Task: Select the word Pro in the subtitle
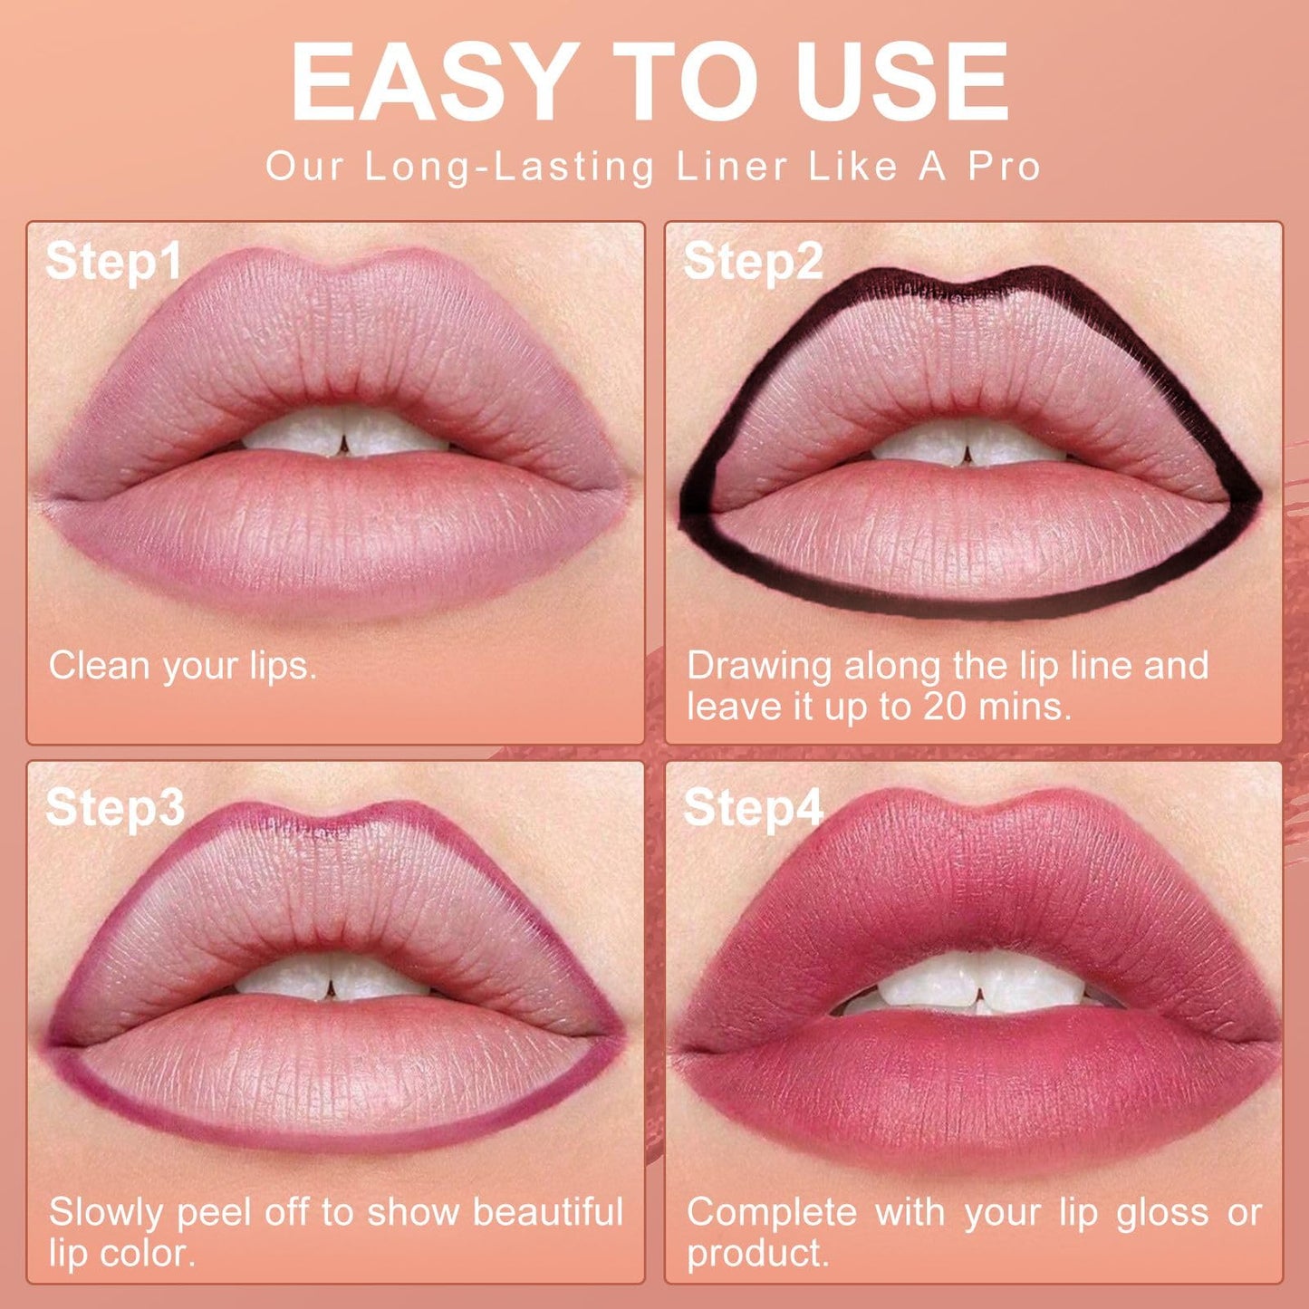pos(1005,167)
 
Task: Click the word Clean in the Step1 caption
pos(101,666)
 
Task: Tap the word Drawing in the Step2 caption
pos(759,666)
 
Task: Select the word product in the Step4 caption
pos(757,1253)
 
